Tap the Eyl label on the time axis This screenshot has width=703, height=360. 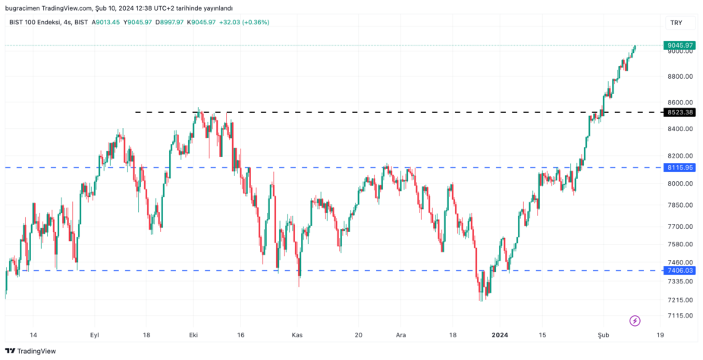pyautogui.click(x=95, y=334)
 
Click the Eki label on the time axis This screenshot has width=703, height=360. pyautogui.click(x=193, y=334)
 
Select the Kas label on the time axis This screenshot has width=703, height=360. pyautogui.click(x=297, y=334)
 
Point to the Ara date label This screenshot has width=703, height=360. pyautogui.click(x=401, y=334)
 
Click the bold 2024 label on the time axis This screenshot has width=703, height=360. pyautogui.click(x=500, y=334)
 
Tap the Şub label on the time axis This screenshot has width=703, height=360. pyautogui.click(x=604, y=334)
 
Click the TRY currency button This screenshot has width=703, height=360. pyautogui.click(x=676, y=23)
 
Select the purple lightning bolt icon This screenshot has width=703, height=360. pyautogui.click(x=635, y=321)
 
